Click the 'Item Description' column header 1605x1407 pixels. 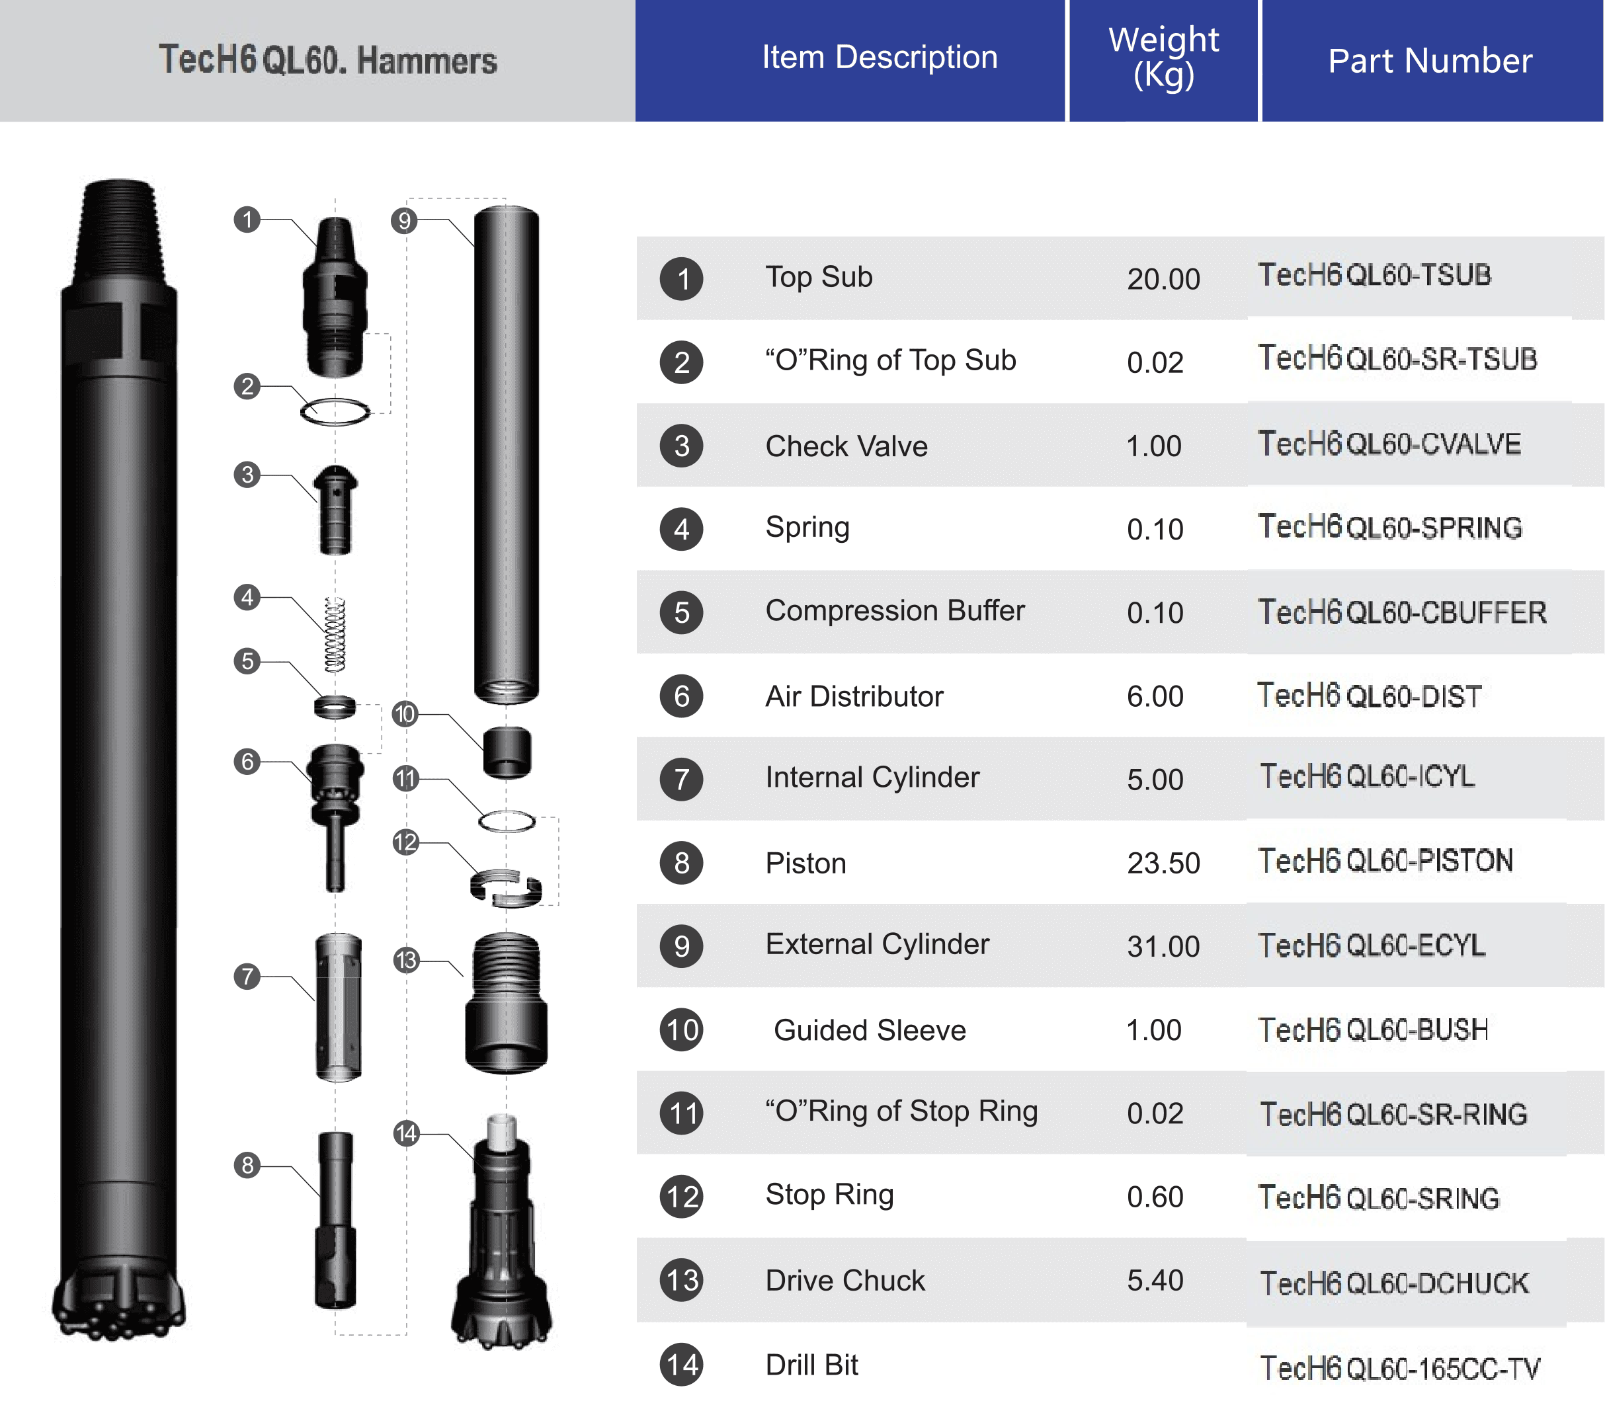click(879, 58)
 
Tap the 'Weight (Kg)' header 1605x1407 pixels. click(1163, 58)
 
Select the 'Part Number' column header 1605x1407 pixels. click(1429, 60)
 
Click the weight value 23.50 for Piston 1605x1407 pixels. click(1163, 863)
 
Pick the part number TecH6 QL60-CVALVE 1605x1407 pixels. click(1389, 444)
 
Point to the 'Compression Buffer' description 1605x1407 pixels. click(894, 611)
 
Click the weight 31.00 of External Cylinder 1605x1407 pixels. click(1163, 946)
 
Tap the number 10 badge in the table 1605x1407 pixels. click(682, 1029)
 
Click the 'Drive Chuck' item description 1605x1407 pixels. click(845, 1281)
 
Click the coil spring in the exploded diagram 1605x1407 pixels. click(335, 635)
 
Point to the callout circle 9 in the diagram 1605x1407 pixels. click(403, 221)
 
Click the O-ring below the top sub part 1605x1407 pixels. click(335, 411)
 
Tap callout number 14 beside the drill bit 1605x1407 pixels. click(406, 1133)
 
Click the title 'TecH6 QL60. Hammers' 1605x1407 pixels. click(327, 60)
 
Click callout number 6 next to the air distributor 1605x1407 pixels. click(247, 761)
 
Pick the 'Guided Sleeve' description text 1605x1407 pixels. click(869, 1030)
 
